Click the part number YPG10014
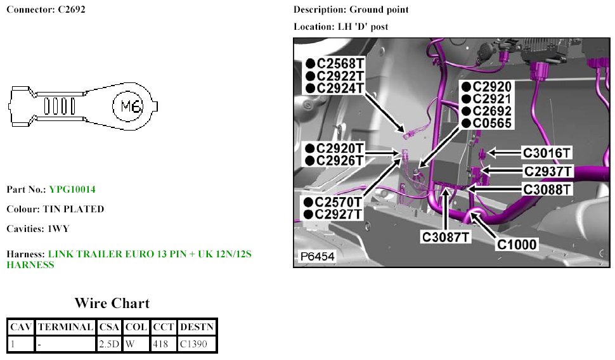(x=72, y=190)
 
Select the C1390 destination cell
(x=197, y=344)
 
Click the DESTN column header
(x=197, y=327)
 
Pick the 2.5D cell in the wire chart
(x=109, y=344)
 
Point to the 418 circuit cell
(x=163, y=344)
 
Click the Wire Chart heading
(x=112, y=303)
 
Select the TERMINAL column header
(x=65, y=327)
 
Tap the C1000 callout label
(x=517, y=243)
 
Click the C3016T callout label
(x=547, y=153)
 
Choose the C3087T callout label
(x=447, y=237)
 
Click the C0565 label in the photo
(x=491, y=123)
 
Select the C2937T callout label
(x=548, y=171)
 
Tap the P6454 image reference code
(x=318, y=257)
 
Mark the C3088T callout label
(x=547, y=189)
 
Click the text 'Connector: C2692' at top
(x=46, y=10)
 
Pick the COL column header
(x=136, y=327)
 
